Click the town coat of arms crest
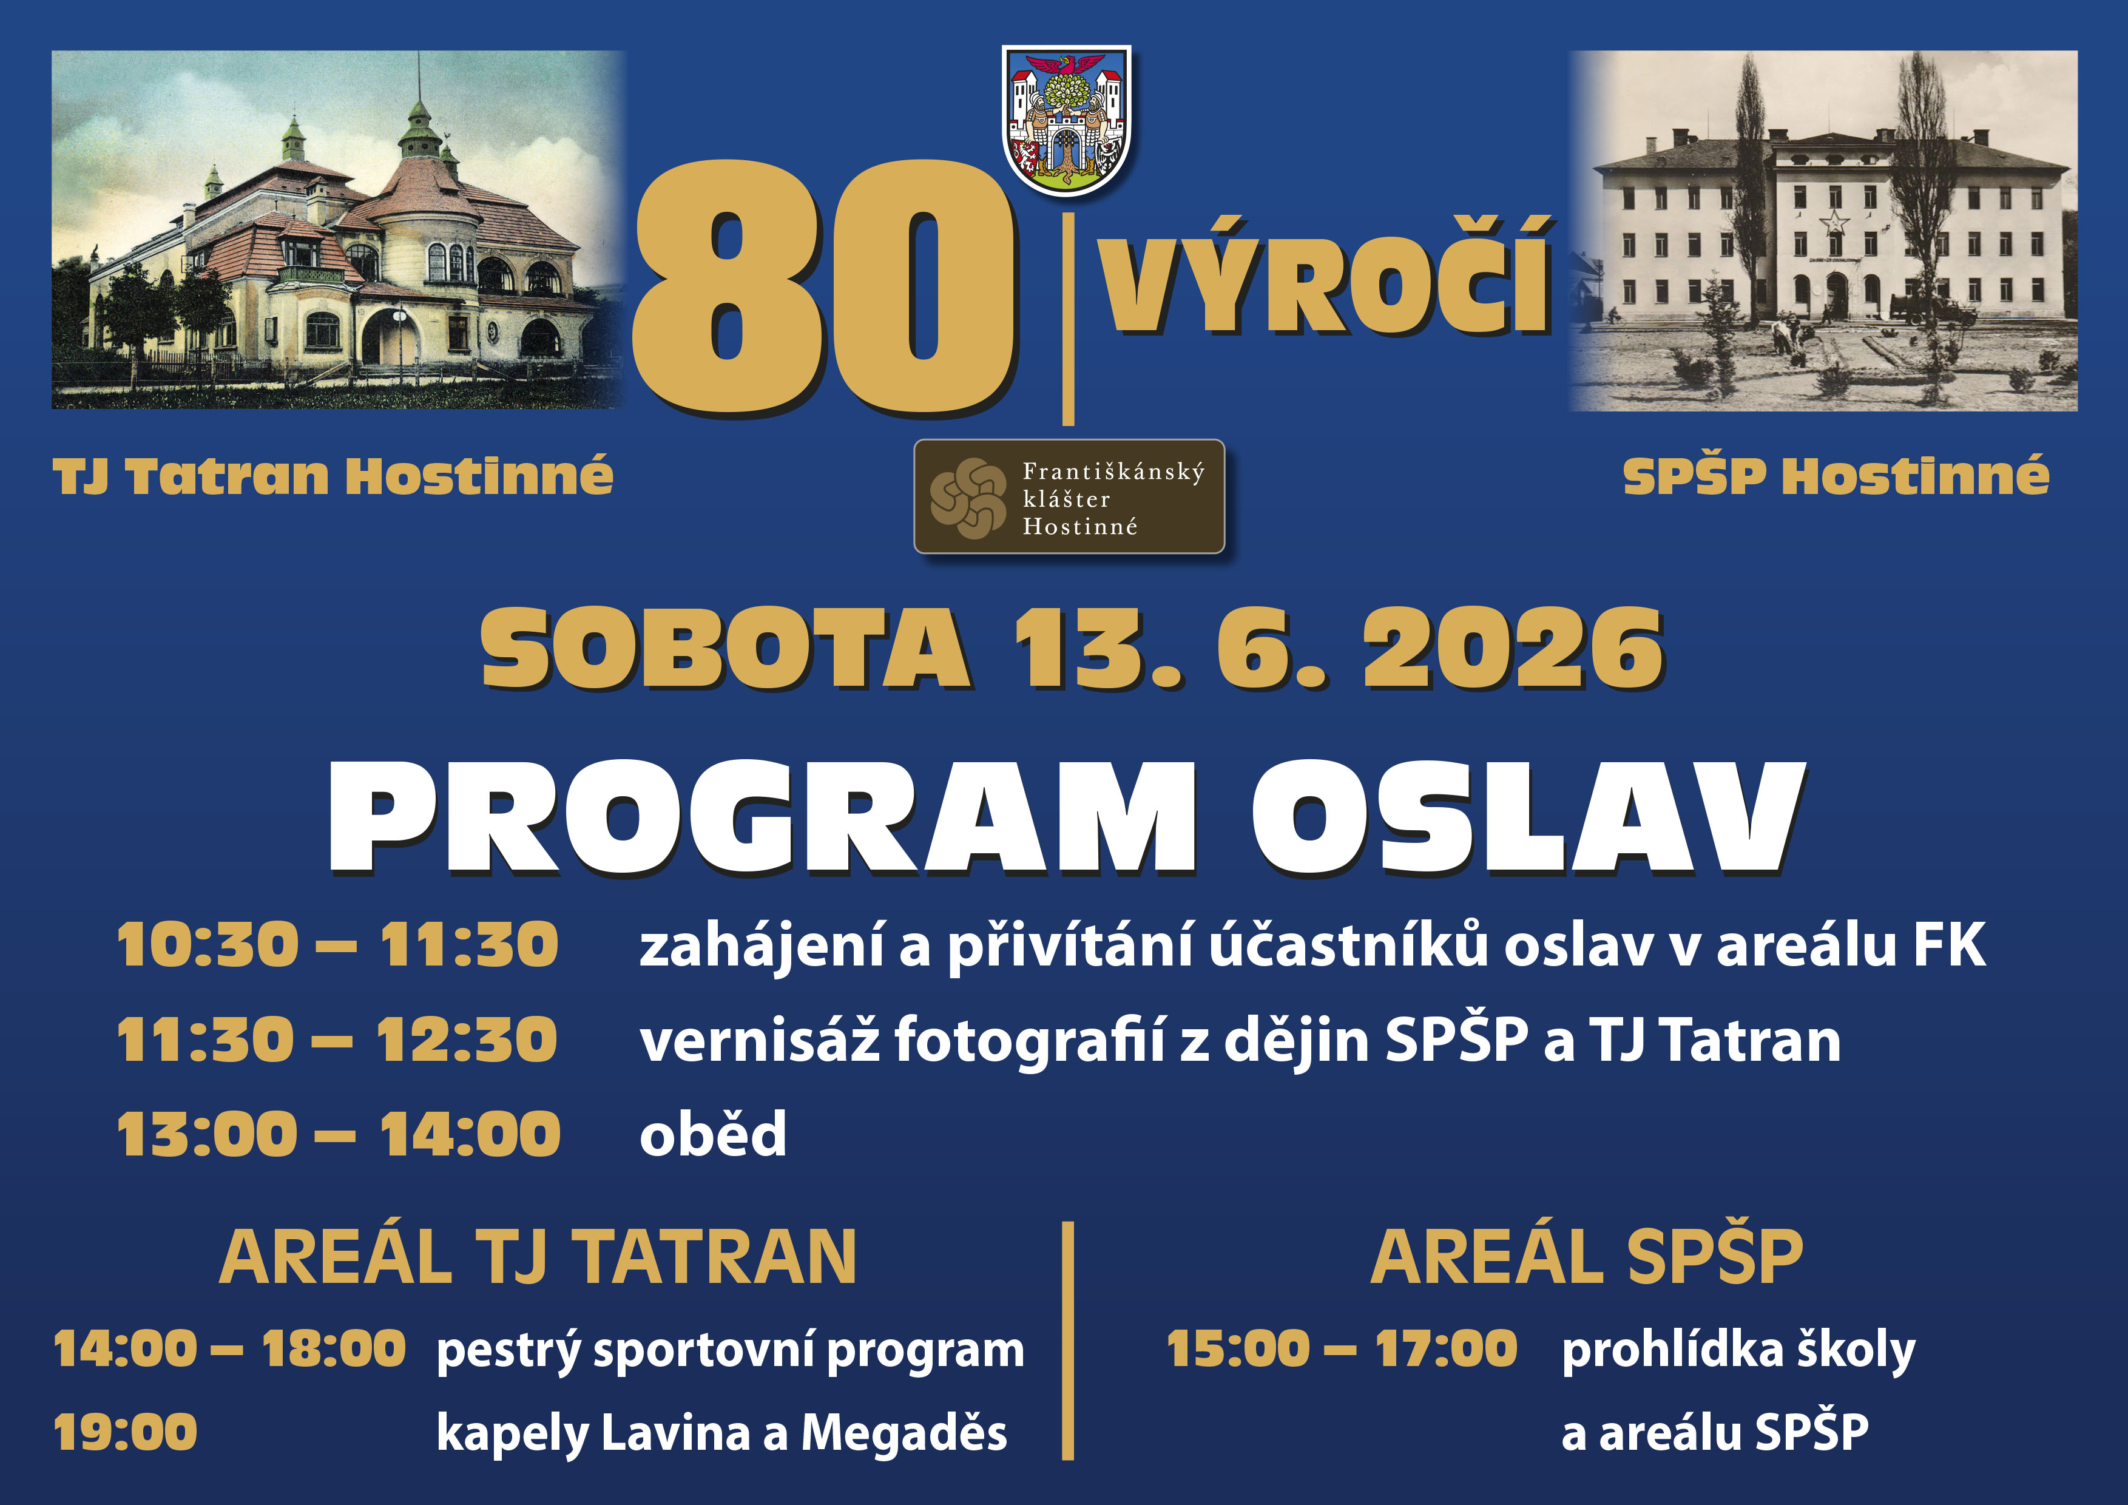point(1067,121)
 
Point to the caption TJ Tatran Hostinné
point(333,476)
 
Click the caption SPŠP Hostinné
point(1836,476)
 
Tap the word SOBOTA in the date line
point(726,649)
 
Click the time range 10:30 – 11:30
point(339,945)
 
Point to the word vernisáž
point(759,1040)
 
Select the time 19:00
point(125,1433)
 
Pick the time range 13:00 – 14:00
point(339,1134)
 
